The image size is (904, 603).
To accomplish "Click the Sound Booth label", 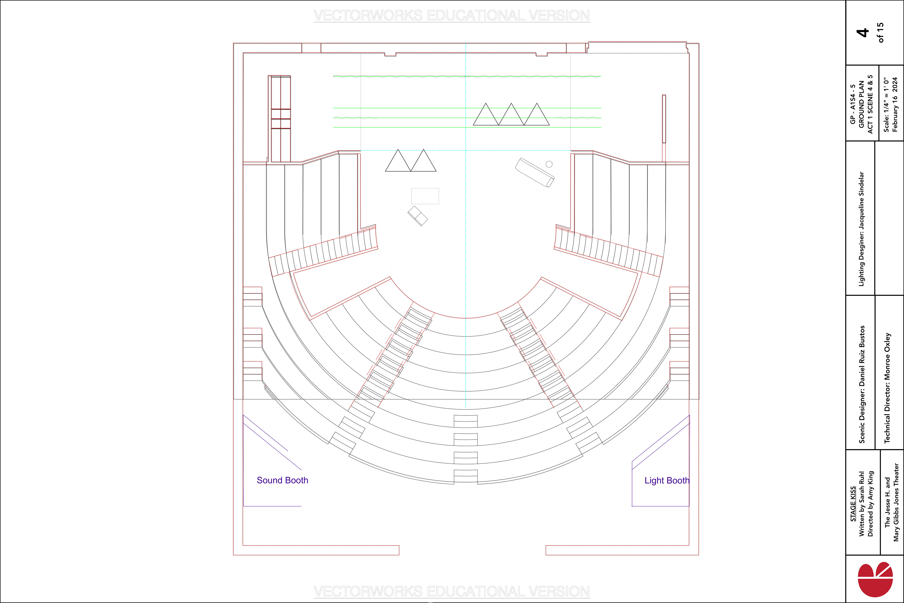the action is click(282, 480).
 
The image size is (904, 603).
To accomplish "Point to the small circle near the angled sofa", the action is click(549, 164).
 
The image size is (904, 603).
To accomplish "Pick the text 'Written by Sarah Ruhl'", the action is click(862, 504).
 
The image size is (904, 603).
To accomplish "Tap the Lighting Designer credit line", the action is click(861, 229).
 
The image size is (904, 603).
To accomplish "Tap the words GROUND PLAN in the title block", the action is click(861, 104).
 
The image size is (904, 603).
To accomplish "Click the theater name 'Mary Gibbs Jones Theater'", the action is click(896, 502).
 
